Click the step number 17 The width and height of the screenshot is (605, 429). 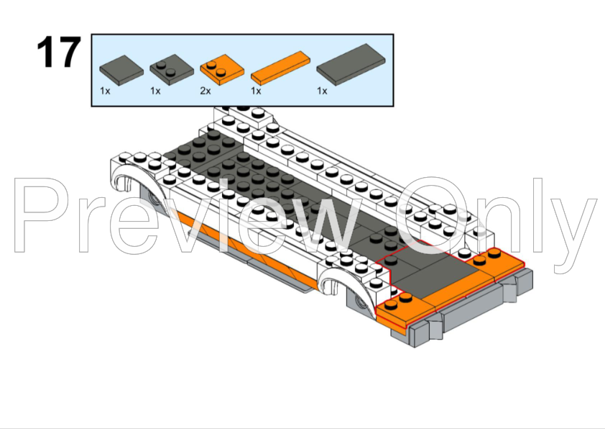(59, 52)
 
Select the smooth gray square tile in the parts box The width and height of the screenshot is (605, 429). (121, 71)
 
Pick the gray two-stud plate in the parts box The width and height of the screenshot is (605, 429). (172, 70)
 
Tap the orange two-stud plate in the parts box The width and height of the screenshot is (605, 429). (222, 70)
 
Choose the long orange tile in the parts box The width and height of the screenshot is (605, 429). (280, 68)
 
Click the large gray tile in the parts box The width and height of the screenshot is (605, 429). (351, 65)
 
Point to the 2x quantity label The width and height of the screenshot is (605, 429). (205, 91)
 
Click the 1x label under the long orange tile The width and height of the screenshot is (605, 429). (256, 91)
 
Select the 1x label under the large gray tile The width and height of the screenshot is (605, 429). (322, 91)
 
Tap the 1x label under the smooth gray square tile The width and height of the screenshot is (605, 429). (105, 91)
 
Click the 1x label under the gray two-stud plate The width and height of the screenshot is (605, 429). (155, 91)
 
